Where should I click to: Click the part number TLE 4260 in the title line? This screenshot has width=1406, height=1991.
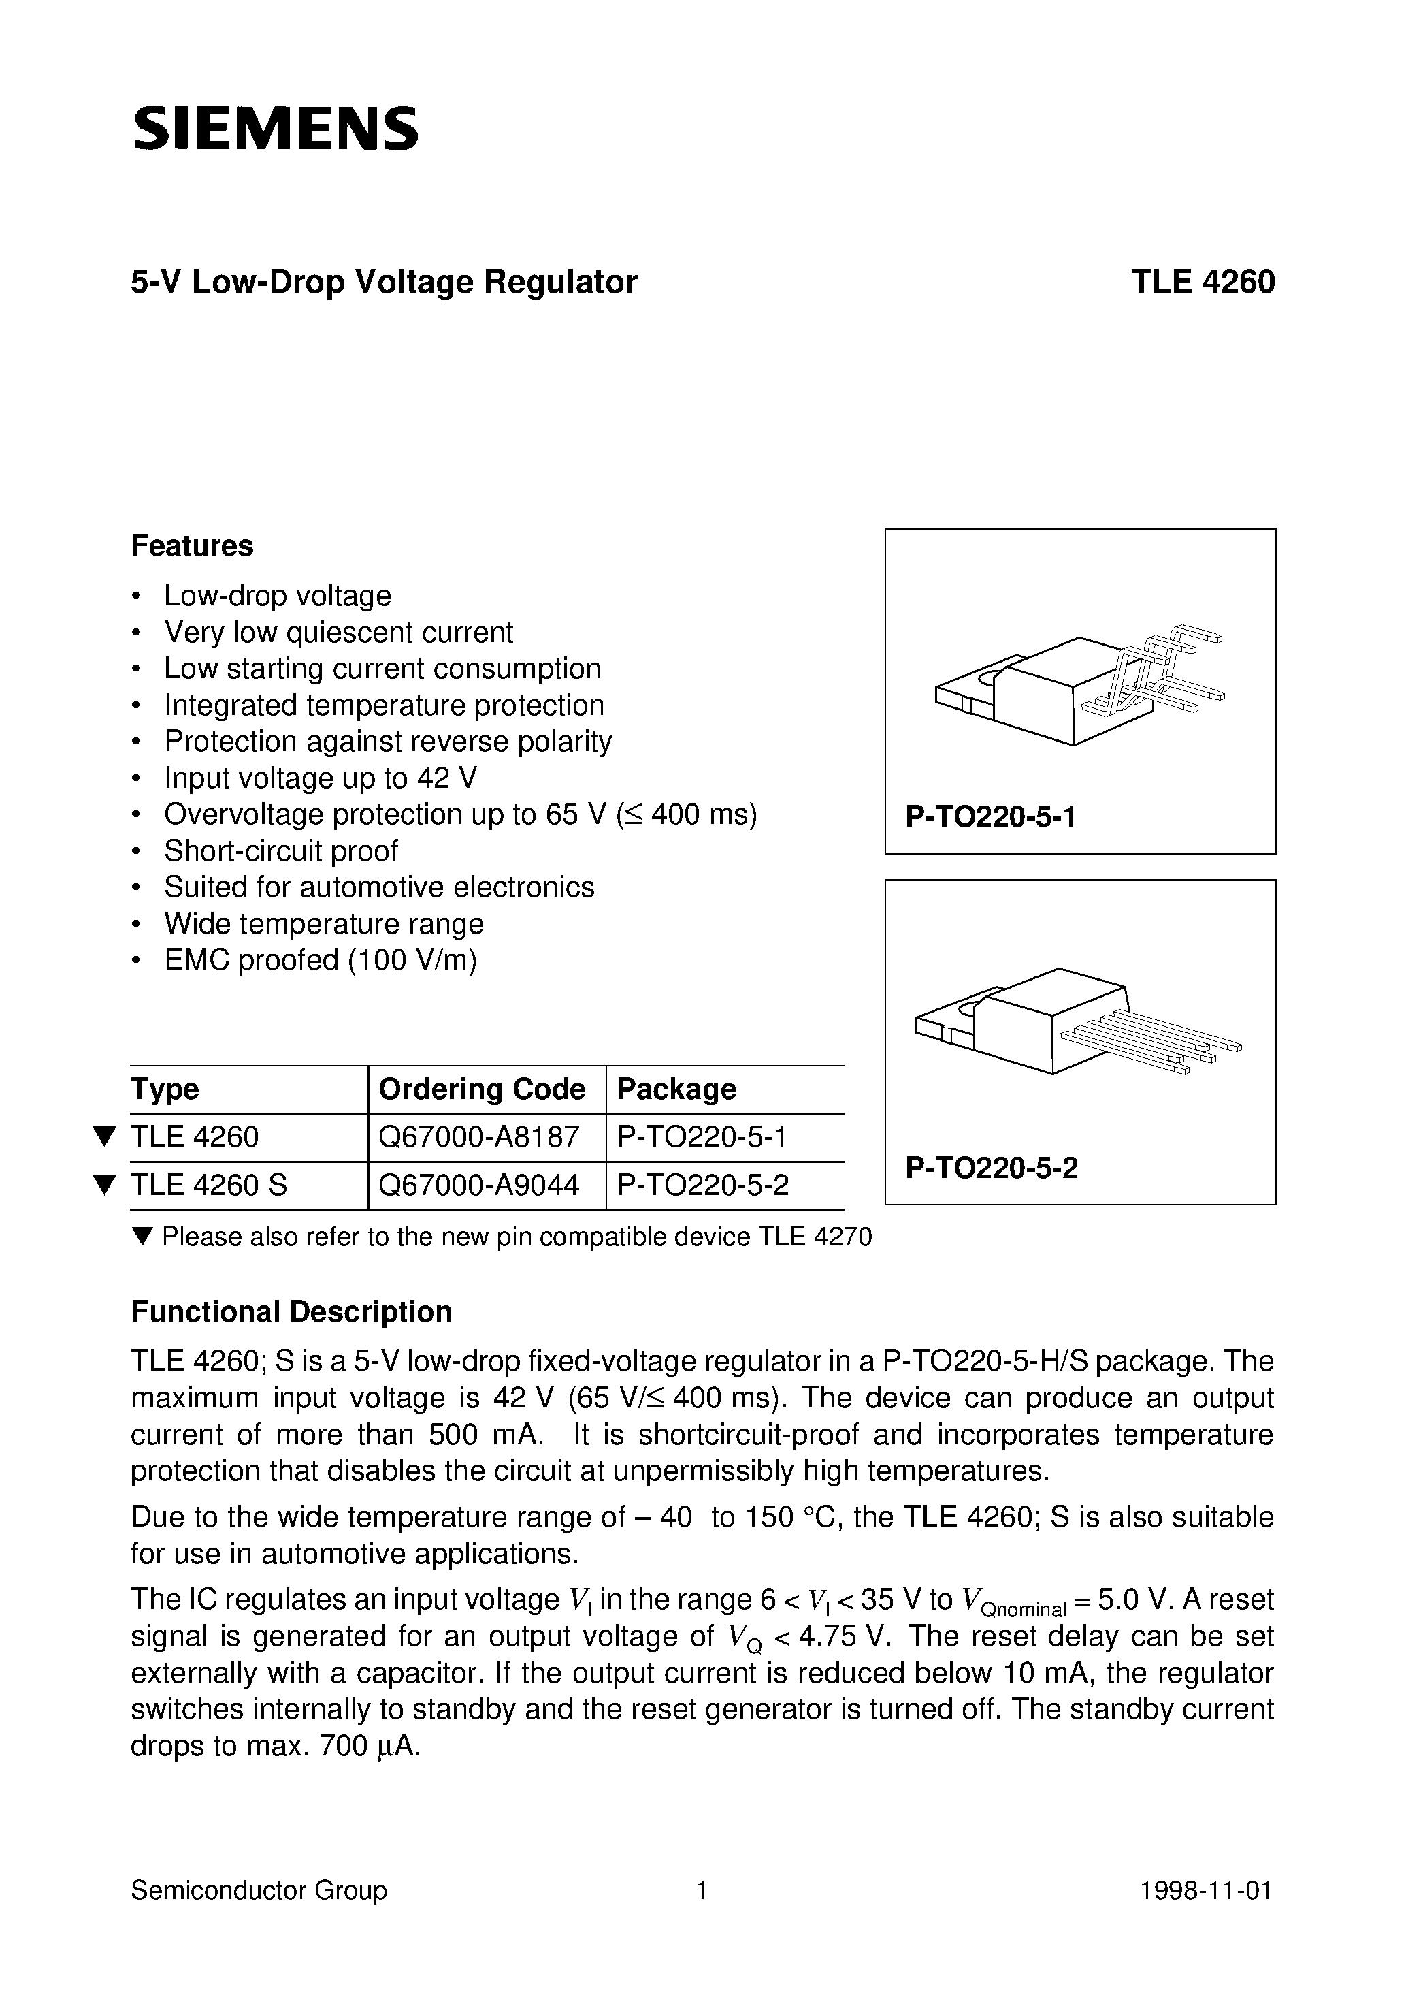pos(1203,283)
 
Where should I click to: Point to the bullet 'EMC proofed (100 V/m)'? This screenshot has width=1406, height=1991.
pos(320,960)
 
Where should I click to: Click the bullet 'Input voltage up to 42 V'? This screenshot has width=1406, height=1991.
pos(320,778)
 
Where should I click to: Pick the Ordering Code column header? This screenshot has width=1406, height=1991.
pos(482,1089)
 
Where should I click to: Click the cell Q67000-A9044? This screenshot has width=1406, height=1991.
pos(478,1185)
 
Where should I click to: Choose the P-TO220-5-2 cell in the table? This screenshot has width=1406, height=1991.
pos(702,1185)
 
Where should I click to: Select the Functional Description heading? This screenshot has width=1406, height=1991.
pos(291,1312)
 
